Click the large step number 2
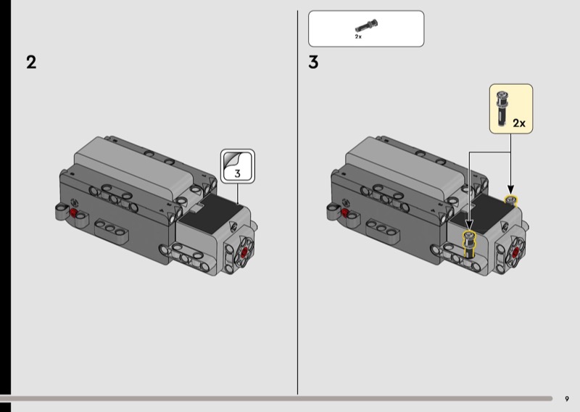click(x=31, y=62)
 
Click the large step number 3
click(x=313, y=62)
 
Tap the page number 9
click(x=567, y=399)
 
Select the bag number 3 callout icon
click(x=238, y=166)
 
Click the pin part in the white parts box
click(x=366, y=26)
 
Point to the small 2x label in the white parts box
click(x=358, y=37)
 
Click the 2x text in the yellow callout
click(x=519, y=123)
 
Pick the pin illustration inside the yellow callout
click(x=502, y=109)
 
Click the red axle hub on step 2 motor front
click(x=244, y=253)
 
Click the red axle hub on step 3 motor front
click(x=515, y=252)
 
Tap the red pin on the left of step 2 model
click(x=73, y=213)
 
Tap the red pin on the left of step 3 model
click(x=345, y=213)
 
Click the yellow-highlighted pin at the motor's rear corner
click(x=512, y=200)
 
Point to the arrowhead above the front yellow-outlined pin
click(x=469, y=225)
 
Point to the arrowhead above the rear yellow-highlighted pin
click(x=511, y=190)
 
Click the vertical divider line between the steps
click(x=297, y=202)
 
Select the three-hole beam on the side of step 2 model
click(x=111, y=230)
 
